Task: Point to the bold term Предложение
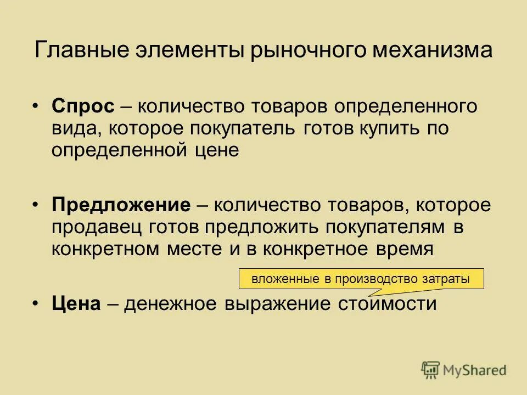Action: coord(121,206)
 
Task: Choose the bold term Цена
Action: coord(76,304)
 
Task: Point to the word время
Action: coord(395,249)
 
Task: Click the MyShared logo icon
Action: coord(431,370)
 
